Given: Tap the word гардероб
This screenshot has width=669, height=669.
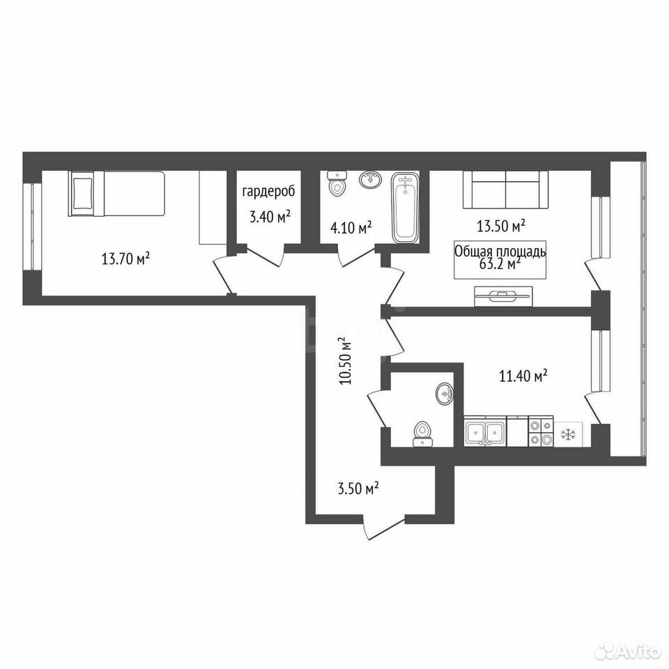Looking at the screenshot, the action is pyautogui.click(x=268, y=192).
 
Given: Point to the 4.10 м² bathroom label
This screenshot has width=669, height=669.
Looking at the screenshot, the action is pyautogui.click(x=351, y=227).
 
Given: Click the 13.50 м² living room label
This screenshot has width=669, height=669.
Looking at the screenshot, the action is pyautogui.click(x=500, y=226).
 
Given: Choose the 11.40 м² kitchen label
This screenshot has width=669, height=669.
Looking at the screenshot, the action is pyautogui.click(x=523, y=376).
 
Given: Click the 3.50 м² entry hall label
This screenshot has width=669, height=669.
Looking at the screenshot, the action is pyautogui.click(x=358, y=488).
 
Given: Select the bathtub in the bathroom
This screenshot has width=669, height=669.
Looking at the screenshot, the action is pyautogui.click(x=405, y=208).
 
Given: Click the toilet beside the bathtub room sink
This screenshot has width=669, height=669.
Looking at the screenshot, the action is pyautogui.click(x=337, y=184).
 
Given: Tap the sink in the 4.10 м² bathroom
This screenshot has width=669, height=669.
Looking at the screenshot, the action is pyautogui.click(x=371, y=179).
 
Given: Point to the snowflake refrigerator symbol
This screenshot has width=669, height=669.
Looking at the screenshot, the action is pyautogui.click(x=568, y=435).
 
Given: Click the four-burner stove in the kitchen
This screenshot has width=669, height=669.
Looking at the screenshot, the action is pyautogui.click(x=541, y=432).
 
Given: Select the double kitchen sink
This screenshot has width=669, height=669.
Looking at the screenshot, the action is pyautogui.click(x=485, y=432).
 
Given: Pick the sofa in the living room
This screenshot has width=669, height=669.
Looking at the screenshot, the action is pyautogui.click(x=506, y=190).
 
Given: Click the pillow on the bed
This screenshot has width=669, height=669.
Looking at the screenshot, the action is pyautogui.click(x=82, y=193).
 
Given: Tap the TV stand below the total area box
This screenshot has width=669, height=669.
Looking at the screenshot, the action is pyautogui.click(x=503, y=295).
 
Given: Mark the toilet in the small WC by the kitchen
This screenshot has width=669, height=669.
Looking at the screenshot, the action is pyautogui.click(x=422, y=434).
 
